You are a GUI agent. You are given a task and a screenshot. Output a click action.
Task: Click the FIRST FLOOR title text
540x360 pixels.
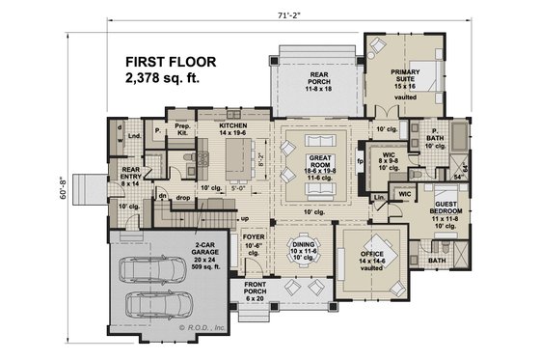click(170, 61)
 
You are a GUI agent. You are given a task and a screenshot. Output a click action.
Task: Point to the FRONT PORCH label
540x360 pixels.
click(255, 287)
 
